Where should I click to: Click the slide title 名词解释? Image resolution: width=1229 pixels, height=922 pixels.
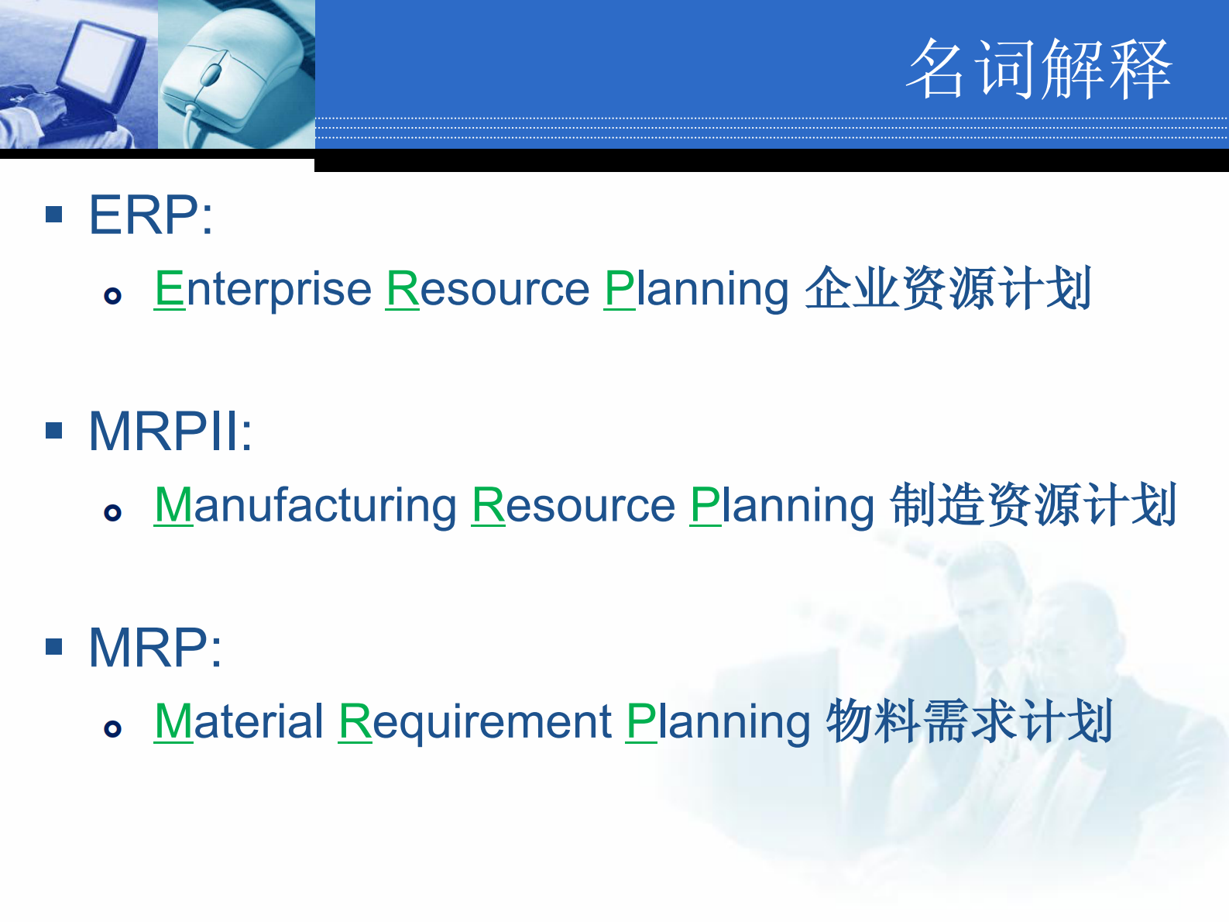1039,70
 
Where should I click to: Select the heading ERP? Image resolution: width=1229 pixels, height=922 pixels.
151,215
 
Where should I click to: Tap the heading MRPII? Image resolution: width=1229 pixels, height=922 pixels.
170,431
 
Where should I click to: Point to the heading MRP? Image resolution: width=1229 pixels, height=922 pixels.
155,647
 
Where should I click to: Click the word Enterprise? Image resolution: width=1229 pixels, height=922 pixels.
263,289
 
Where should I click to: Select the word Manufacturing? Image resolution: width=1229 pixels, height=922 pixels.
306,505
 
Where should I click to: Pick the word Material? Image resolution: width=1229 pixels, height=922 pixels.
239,721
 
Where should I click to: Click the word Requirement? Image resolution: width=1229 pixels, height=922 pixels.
475,721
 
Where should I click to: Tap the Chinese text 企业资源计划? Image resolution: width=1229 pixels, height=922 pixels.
948,289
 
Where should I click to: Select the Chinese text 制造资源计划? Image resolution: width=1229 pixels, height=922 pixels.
1034,505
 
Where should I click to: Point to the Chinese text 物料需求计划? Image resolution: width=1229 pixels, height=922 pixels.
970,721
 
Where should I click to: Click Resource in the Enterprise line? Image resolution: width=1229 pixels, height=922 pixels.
488,289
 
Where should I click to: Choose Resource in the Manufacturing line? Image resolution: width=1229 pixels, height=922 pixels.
574,505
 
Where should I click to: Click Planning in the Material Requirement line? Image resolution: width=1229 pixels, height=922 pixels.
718,721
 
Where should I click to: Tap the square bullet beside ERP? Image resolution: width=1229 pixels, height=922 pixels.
54,214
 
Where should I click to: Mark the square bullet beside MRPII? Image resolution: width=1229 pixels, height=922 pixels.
54,430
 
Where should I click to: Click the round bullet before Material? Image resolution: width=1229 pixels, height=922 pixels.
113,728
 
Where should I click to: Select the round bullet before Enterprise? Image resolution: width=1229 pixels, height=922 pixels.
113,296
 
